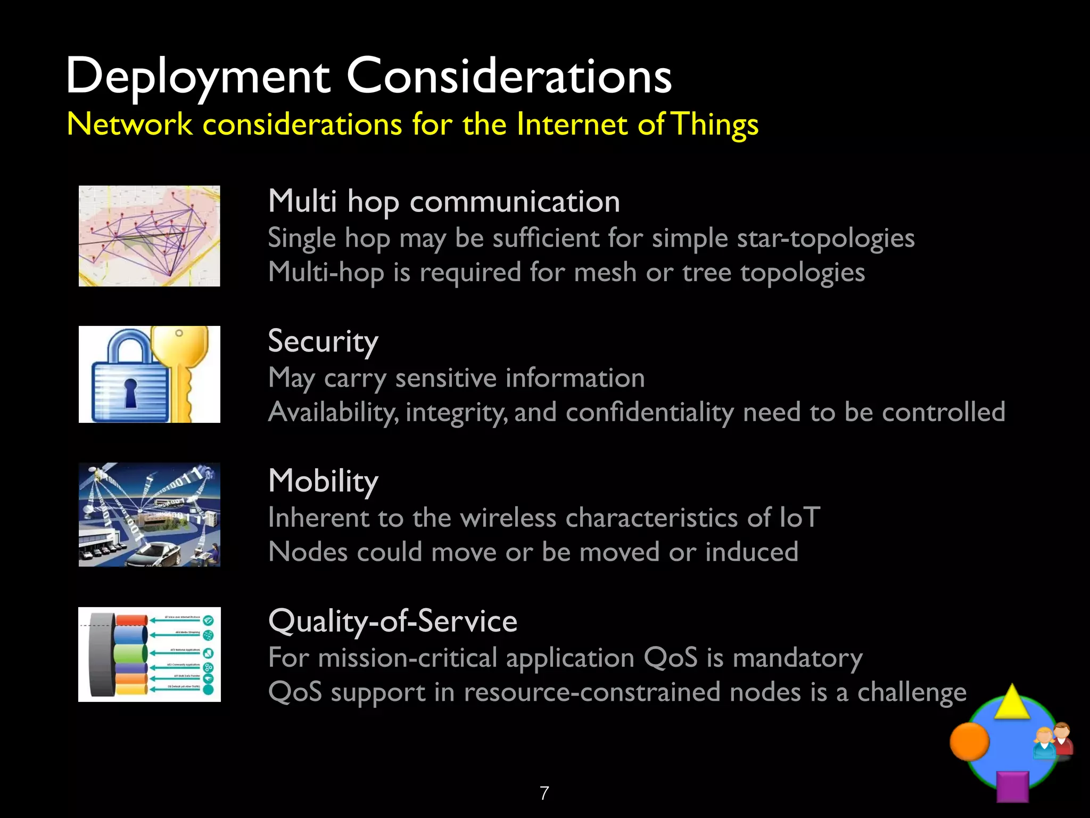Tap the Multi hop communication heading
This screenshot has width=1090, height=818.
(444, 202)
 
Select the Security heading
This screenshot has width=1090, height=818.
(323, 341)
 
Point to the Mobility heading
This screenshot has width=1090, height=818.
(323, 481)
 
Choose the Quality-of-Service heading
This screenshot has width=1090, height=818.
(393, 621)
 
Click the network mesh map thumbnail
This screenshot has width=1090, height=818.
(149, 236)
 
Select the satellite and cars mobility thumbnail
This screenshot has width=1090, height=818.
(149, 514)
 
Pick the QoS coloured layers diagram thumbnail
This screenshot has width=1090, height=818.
(149, 655)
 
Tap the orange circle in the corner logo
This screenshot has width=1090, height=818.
(969, 741)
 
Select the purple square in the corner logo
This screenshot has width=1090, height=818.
(1012, 786)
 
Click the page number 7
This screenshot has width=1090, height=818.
(544, 794)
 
